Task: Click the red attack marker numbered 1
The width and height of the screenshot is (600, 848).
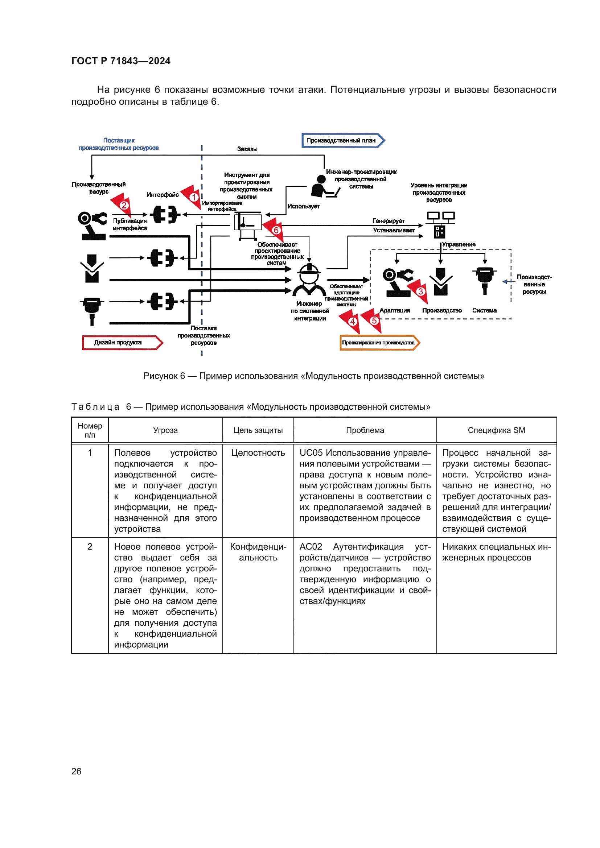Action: tap(193, 197)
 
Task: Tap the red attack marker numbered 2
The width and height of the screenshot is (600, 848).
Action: tap(124, 205)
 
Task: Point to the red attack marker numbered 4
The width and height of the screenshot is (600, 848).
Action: tap(353, 321)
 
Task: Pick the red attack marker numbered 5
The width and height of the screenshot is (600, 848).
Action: tap(374, 320)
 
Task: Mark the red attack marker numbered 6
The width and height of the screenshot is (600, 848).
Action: tap(276, 230)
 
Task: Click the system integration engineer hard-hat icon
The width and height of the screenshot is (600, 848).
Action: tap(308, 279)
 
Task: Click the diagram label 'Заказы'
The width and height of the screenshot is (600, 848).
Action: tap(247, 149)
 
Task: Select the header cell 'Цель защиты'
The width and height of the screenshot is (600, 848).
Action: tap(258, 430)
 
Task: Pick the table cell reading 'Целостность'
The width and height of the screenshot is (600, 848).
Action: tap(258, 452)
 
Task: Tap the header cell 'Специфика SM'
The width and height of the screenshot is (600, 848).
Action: tap(496, 430)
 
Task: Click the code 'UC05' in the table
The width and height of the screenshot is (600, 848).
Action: tap(311, 452)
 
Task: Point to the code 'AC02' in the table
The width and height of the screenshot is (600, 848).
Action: tap(311, 546)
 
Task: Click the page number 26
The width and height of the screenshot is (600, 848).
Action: tap(76, 771)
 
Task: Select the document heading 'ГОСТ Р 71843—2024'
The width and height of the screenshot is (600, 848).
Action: tap(121, 61)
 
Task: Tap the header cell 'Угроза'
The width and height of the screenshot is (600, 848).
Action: tap(165, 430)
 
